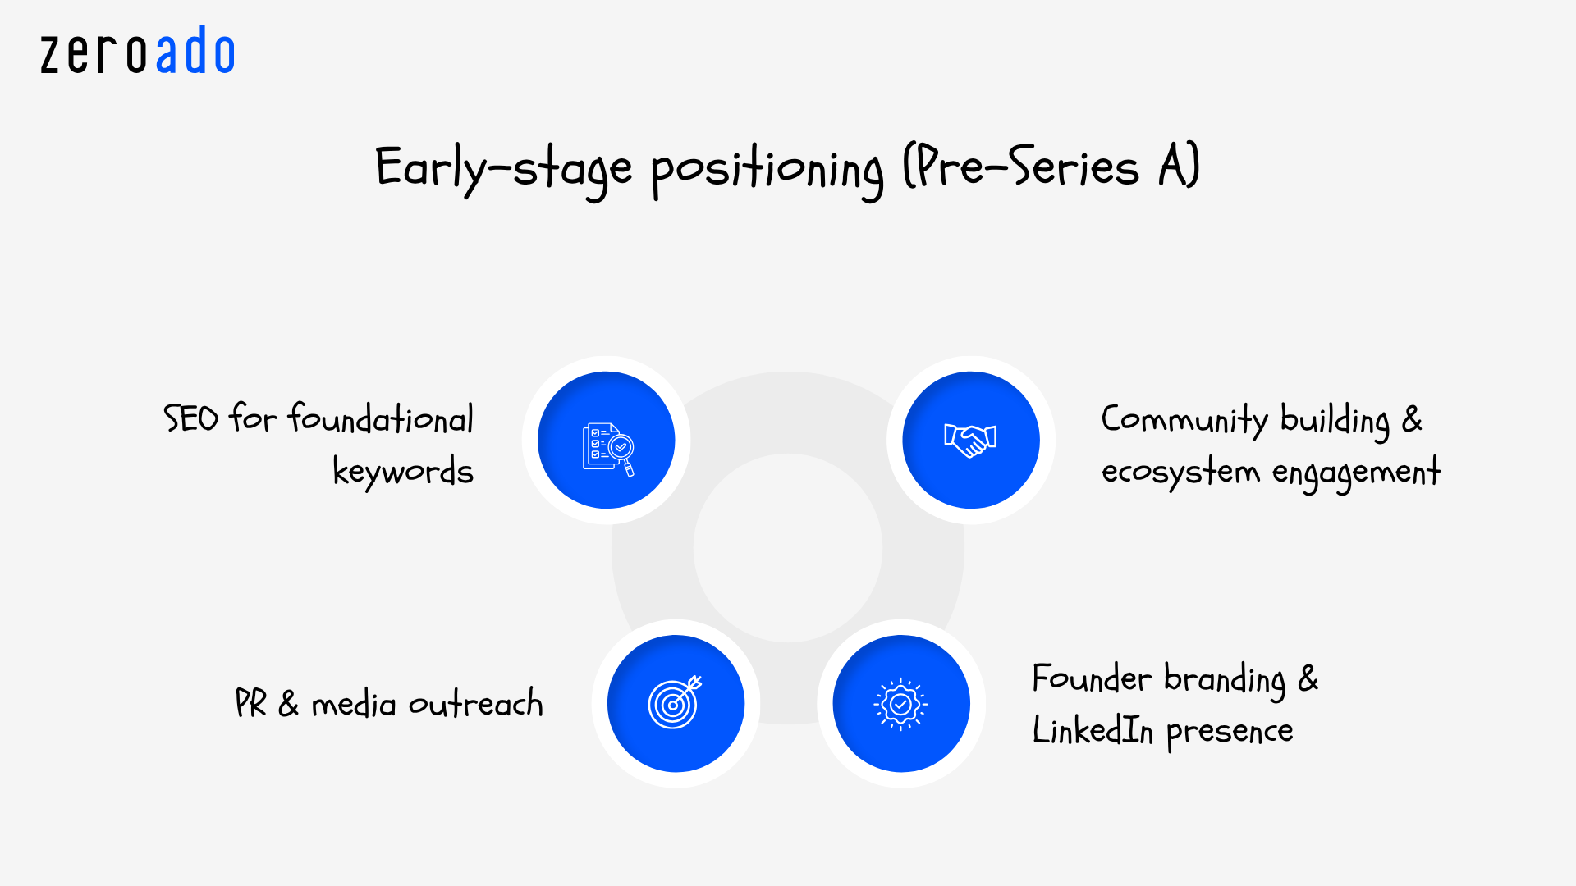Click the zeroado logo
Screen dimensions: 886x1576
pyautogui.click(x=138, y=53)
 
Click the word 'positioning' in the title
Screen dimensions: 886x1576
pyautogui.click(x=767, y=171)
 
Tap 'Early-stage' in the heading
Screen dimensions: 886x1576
pyautogui.click(x=503, y=169)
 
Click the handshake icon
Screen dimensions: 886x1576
pyautogui.click(x=970, y=441)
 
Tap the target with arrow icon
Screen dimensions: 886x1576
pyautogui.click(x=675, y=703)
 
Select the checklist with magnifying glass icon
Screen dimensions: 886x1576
pyautogui.click(x=607, y=448)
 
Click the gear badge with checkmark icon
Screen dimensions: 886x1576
pyautogui.click(x=900, y=704)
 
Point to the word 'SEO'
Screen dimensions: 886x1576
pyautogui.click(x=190, y=418)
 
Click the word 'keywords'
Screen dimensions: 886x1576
pyautogui.click(x=403, y=472)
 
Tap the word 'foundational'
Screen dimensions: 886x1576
pyautogui.click(x=381, y=418)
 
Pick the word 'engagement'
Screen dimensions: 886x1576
pyautogui.click(x=1356, y=473)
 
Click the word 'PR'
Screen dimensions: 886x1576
pyautogui.click(x=250, y=704)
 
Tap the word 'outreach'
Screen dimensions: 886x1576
pyautogui.click(x=475, y=704)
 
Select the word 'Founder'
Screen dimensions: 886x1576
pyautogui.click(x=1092, y=679)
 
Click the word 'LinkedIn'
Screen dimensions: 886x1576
pyautogui.click(x=1093, y=730)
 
